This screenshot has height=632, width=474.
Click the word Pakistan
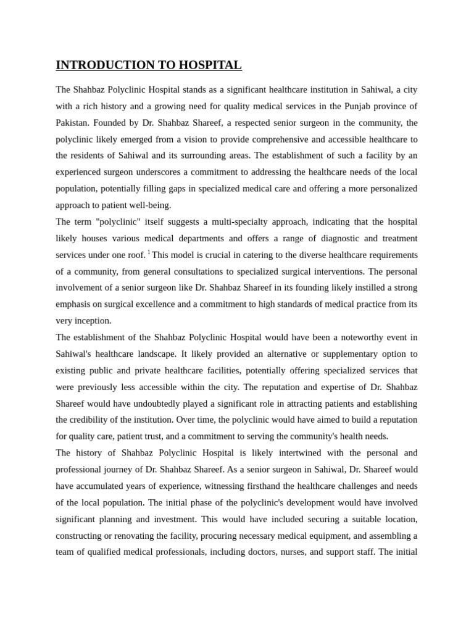click(x=72, y=123)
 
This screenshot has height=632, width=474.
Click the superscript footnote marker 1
click(x=149, y=252)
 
